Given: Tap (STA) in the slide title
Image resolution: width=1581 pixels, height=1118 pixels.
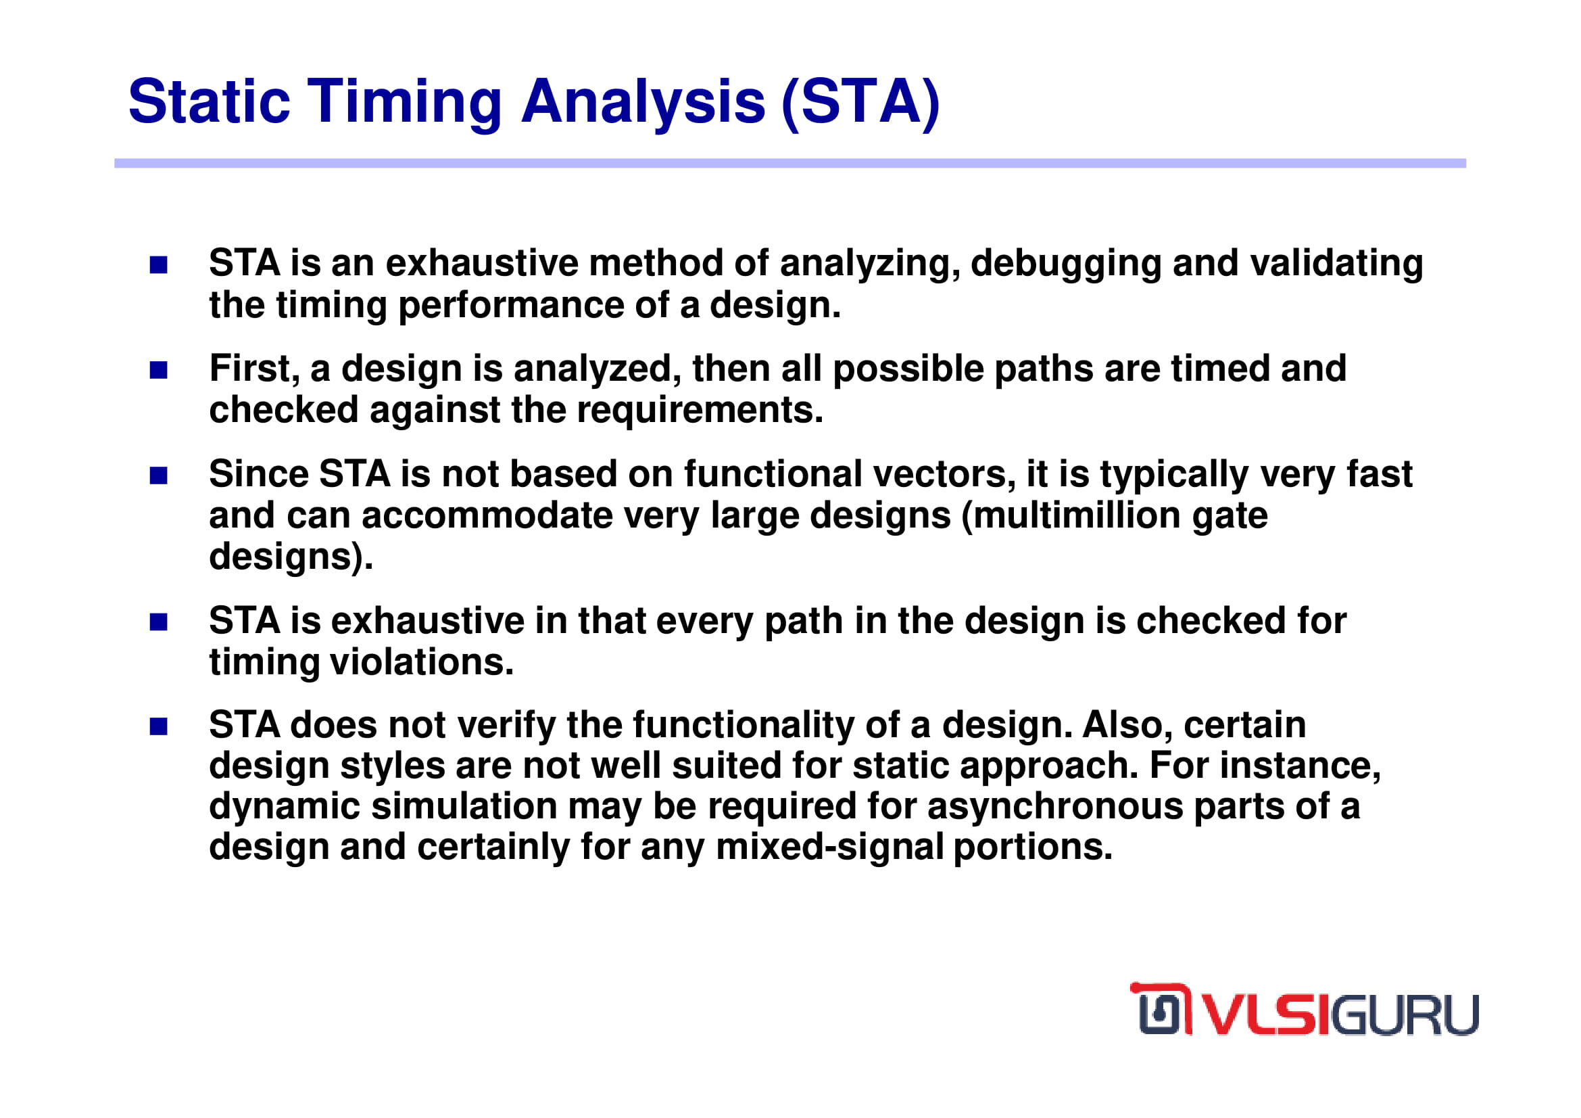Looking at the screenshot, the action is click(x=860, y=103).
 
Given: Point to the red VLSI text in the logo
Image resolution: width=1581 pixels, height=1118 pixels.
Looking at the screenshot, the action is click(x=1267, y=1014).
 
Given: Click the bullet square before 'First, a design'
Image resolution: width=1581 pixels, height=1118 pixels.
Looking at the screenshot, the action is click(x=158, y=371).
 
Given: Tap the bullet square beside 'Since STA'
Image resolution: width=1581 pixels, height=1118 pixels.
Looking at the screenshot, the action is click(x=158, y=476).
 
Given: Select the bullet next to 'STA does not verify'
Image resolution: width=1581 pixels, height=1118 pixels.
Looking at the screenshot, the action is click(x=158, y=727).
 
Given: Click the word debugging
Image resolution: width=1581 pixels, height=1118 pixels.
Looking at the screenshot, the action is click(x=1066, y=264).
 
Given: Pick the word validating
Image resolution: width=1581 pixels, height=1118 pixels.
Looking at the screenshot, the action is click(x=1336, y=263).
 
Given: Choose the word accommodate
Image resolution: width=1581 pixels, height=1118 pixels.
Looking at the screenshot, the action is click(x=487, y=516).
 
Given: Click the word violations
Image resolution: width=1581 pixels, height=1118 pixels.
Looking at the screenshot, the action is click(x=421, y=663).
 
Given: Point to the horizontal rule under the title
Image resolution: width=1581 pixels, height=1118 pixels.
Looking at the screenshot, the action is click(x=789, y=163).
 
